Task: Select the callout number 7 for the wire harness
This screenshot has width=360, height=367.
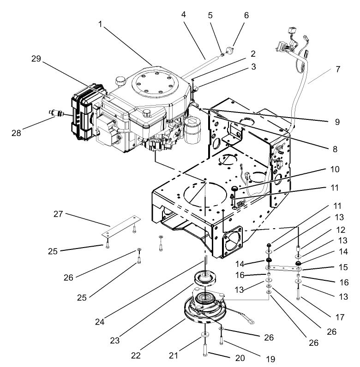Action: (x=338, y=69)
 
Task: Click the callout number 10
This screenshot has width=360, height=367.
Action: (x=334, y=169)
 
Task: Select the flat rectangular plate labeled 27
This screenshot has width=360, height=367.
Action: (x=120, y=225)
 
